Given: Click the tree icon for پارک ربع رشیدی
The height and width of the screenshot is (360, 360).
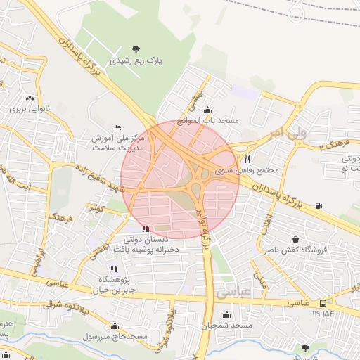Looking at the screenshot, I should (136, 49).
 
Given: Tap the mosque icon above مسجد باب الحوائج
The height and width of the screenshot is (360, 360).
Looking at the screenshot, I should (207, 110).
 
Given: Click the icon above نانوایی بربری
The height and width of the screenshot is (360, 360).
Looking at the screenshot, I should (30, 98).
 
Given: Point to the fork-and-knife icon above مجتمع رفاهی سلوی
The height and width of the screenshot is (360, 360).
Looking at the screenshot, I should (247, 160).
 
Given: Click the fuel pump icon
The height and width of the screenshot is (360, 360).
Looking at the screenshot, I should (319, 205).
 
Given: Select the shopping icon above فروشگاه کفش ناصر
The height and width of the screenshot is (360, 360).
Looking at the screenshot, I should (295, 239).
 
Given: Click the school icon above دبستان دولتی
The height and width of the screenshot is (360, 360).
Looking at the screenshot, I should (146, 228).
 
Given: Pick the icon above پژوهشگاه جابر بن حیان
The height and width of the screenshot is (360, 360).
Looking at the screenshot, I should (113, 268).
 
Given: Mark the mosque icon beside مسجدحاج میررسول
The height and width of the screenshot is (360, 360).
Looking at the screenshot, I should (115, 326).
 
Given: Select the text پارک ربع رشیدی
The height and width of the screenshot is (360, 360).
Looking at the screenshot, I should (136, 60).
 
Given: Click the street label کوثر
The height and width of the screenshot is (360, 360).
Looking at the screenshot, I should (94, 208).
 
